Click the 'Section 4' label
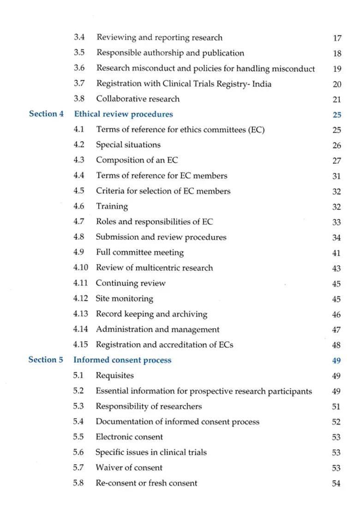(x=46, y=114)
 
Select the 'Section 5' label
(x=46, y=360)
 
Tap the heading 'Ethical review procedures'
(x=123, y=114)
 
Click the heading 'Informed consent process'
(x=122, y=360)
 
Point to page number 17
(x=337, y=38)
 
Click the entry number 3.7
(x=79, y=83)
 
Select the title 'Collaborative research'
(x=138, y=99)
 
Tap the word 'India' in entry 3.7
(x=261, y=83)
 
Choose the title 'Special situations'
(x=128, y=145)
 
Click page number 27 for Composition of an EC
(x=336, y=161)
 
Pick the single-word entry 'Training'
(x=112, y=206)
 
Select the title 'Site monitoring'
(x=124, y=298)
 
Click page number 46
(x=336, y=315)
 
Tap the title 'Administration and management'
(x=157, y=329)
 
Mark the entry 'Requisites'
(x=114, y=375)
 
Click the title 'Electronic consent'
(x=129, y=437)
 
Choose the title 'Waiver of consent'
(x=129, y=468)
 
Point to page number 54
(x=336, y=484)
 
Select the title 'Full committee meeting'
(x=139, y=252)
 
